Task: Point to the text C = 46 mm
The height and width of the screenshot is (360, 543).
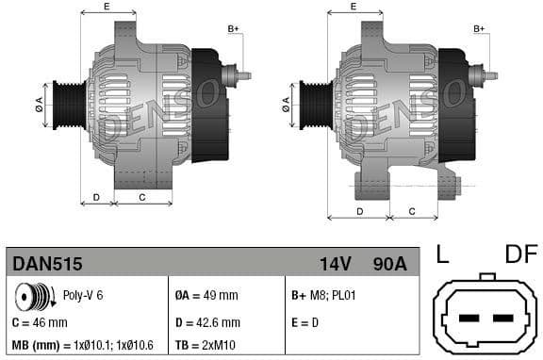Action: point(40,322)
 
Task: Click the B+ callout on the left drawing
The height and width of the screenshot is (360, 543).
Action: point(234,29)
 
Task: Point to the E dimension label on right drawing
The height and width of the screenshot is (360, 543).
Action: point(354,7)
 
